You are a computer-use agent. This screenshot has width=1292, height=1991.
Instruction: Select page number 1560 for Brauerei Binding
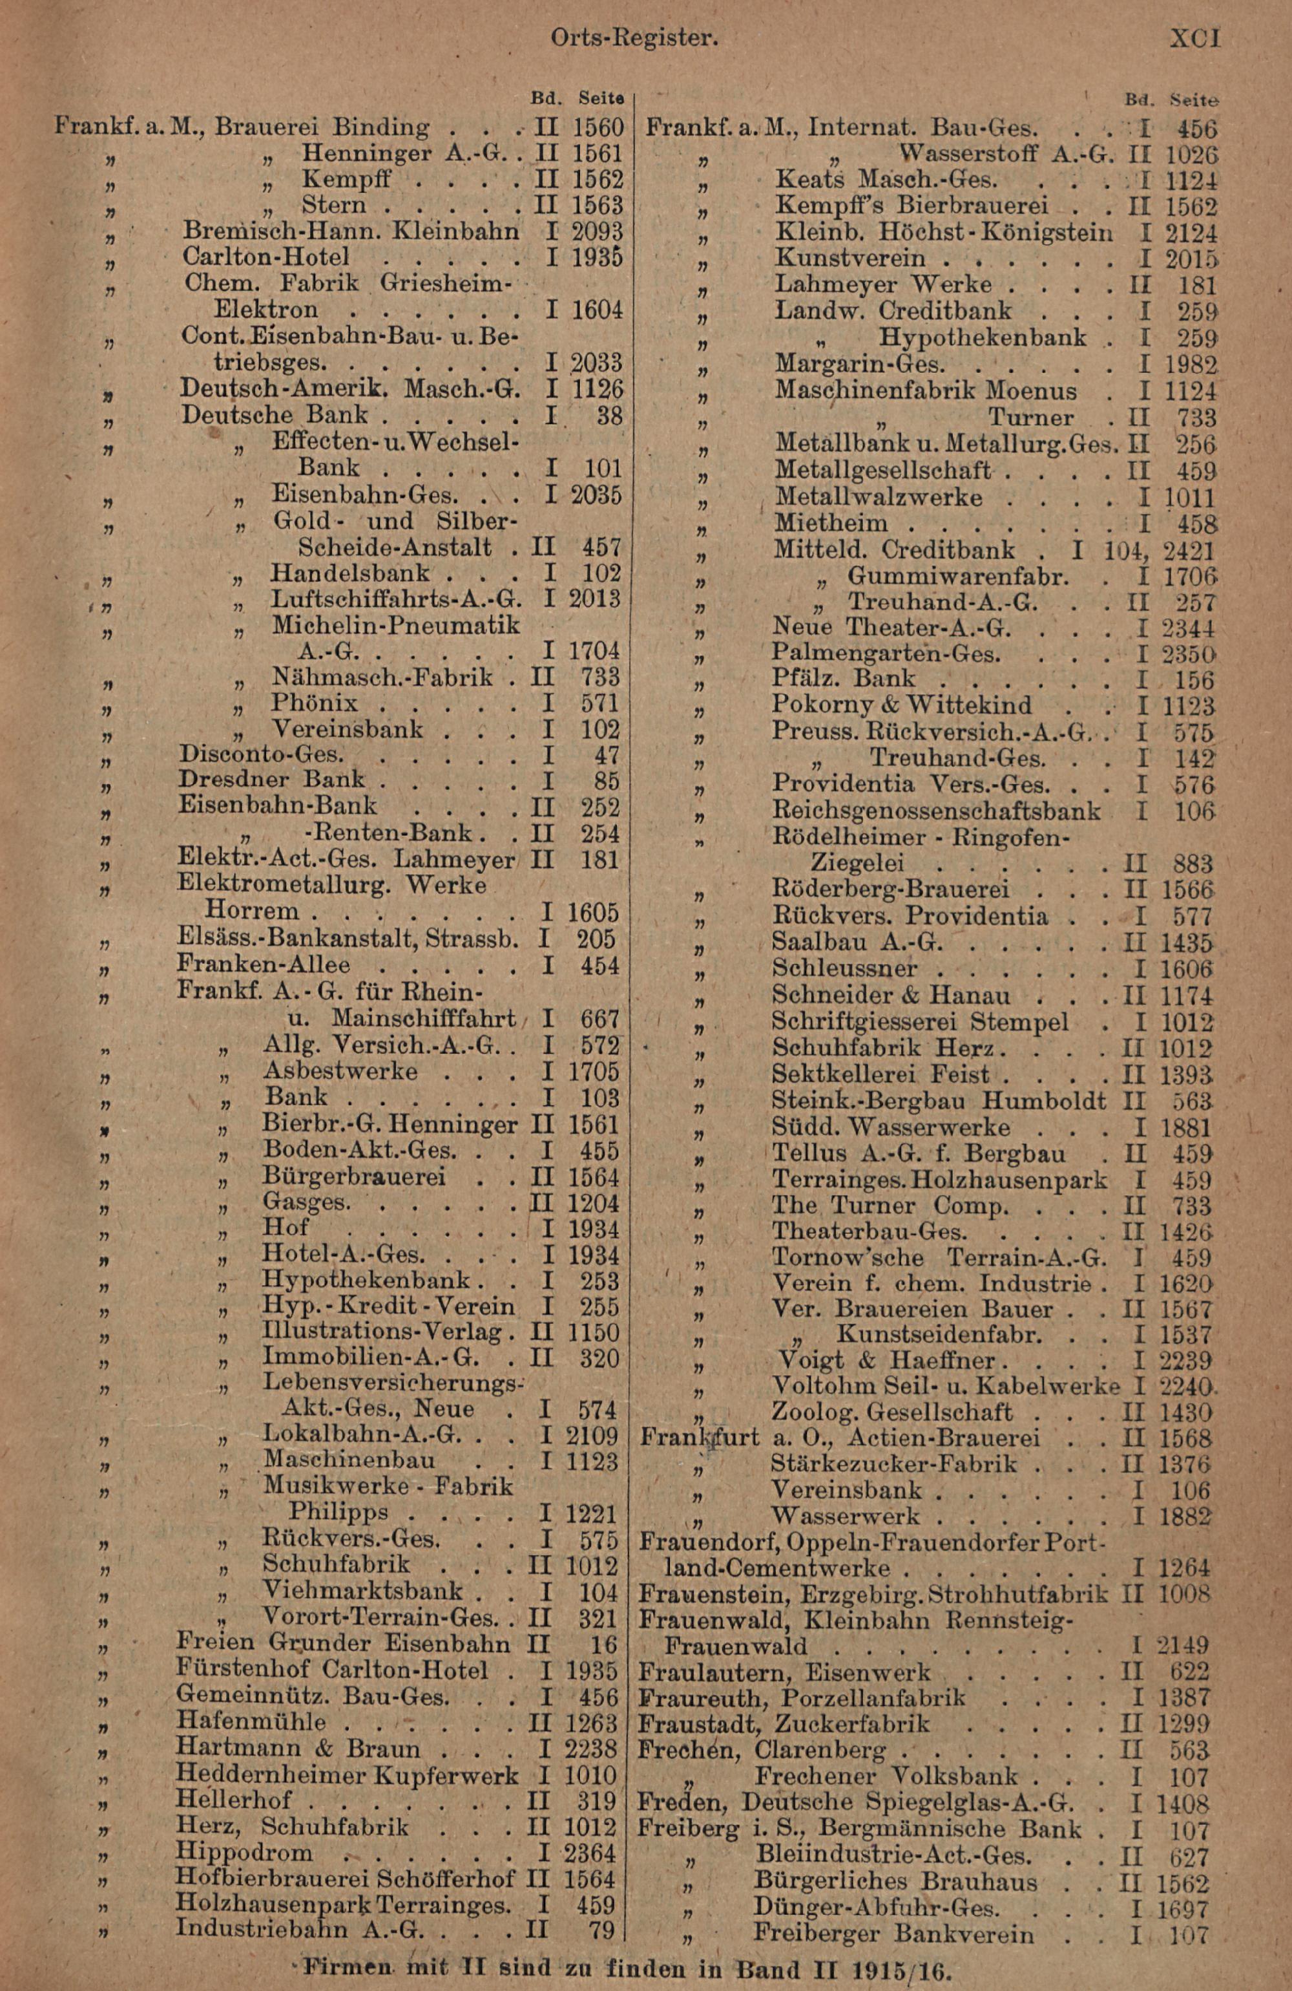598,127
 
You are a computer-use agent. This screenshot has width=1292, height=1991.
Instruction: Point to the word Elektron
265,310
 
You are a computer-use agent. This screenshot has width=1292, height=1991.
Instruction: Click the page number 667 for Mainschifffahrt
602,1018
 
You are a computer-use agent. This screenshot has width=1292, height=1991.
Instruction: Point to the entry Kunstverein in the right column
849,259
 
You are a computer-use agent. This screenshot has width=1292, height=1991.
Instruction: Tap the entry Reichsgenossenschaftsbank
936,811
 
